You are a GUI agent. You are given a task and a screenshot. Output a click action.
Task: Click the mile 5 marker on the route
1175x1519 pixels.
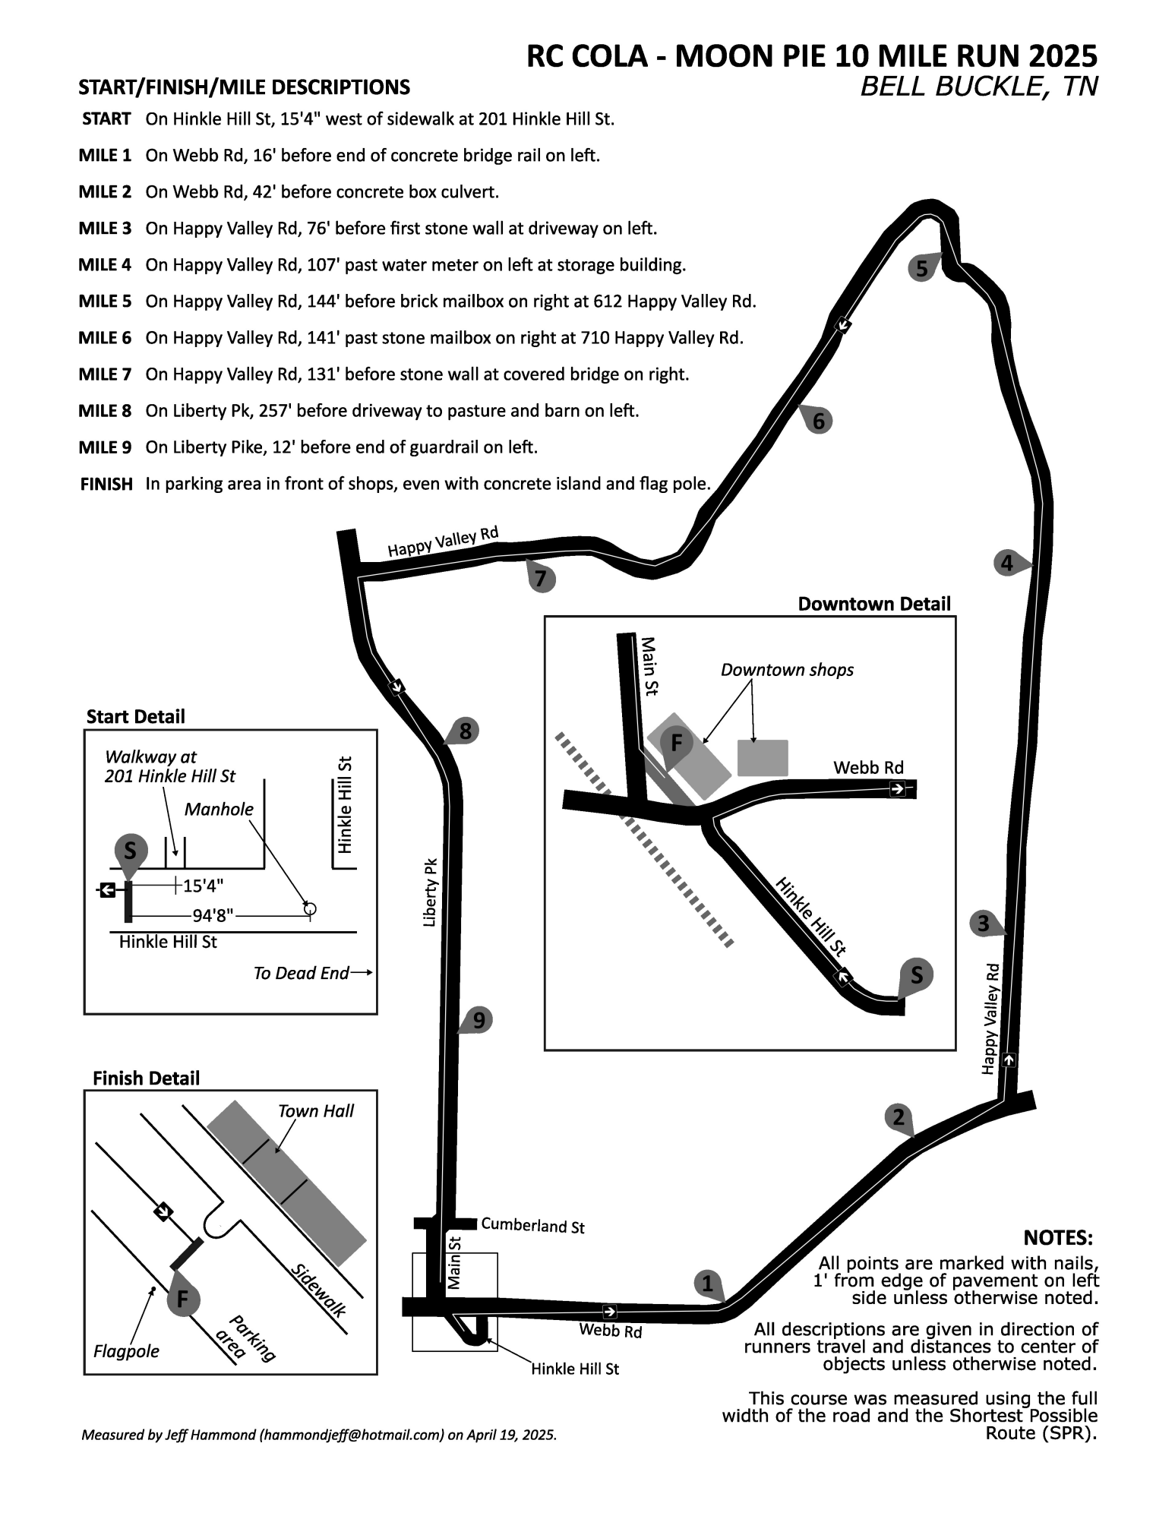[923, 268]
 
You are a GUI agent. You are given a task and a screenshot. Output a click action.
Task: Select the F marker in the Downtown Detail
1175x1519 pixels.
[676, 742]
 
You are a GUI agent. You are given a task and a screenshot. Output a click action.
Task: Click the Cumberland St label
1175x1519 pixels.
[532, 1226]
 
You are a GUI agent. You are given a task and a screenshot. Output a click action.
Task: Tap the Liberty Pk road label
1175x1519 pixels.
[431, 892]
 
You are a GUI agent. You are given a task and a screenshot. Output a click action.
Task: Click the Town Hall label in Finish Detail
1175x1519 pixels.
[316, 1111]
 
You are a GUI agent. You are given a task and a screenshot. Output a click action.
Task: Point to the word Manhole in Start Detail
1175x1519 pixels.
[219, 809]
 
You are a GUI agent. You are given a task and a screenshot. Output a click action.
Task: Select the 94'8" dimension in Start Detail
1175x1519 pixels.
[213, 917]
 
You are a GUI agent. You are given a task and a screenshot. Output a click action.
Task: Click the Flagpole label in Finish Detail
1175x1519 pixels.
[126, 1352]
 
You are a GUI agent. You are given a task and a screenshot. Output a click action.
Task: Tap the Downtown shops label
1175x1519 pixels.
[787, 670]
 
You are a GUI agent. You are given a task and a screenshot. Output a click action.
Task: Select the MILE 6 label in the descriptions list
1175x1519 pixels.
[105, 338]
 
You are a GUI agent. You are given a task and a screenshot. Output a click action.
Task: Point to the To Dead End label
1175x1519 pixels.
[302, 973]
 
